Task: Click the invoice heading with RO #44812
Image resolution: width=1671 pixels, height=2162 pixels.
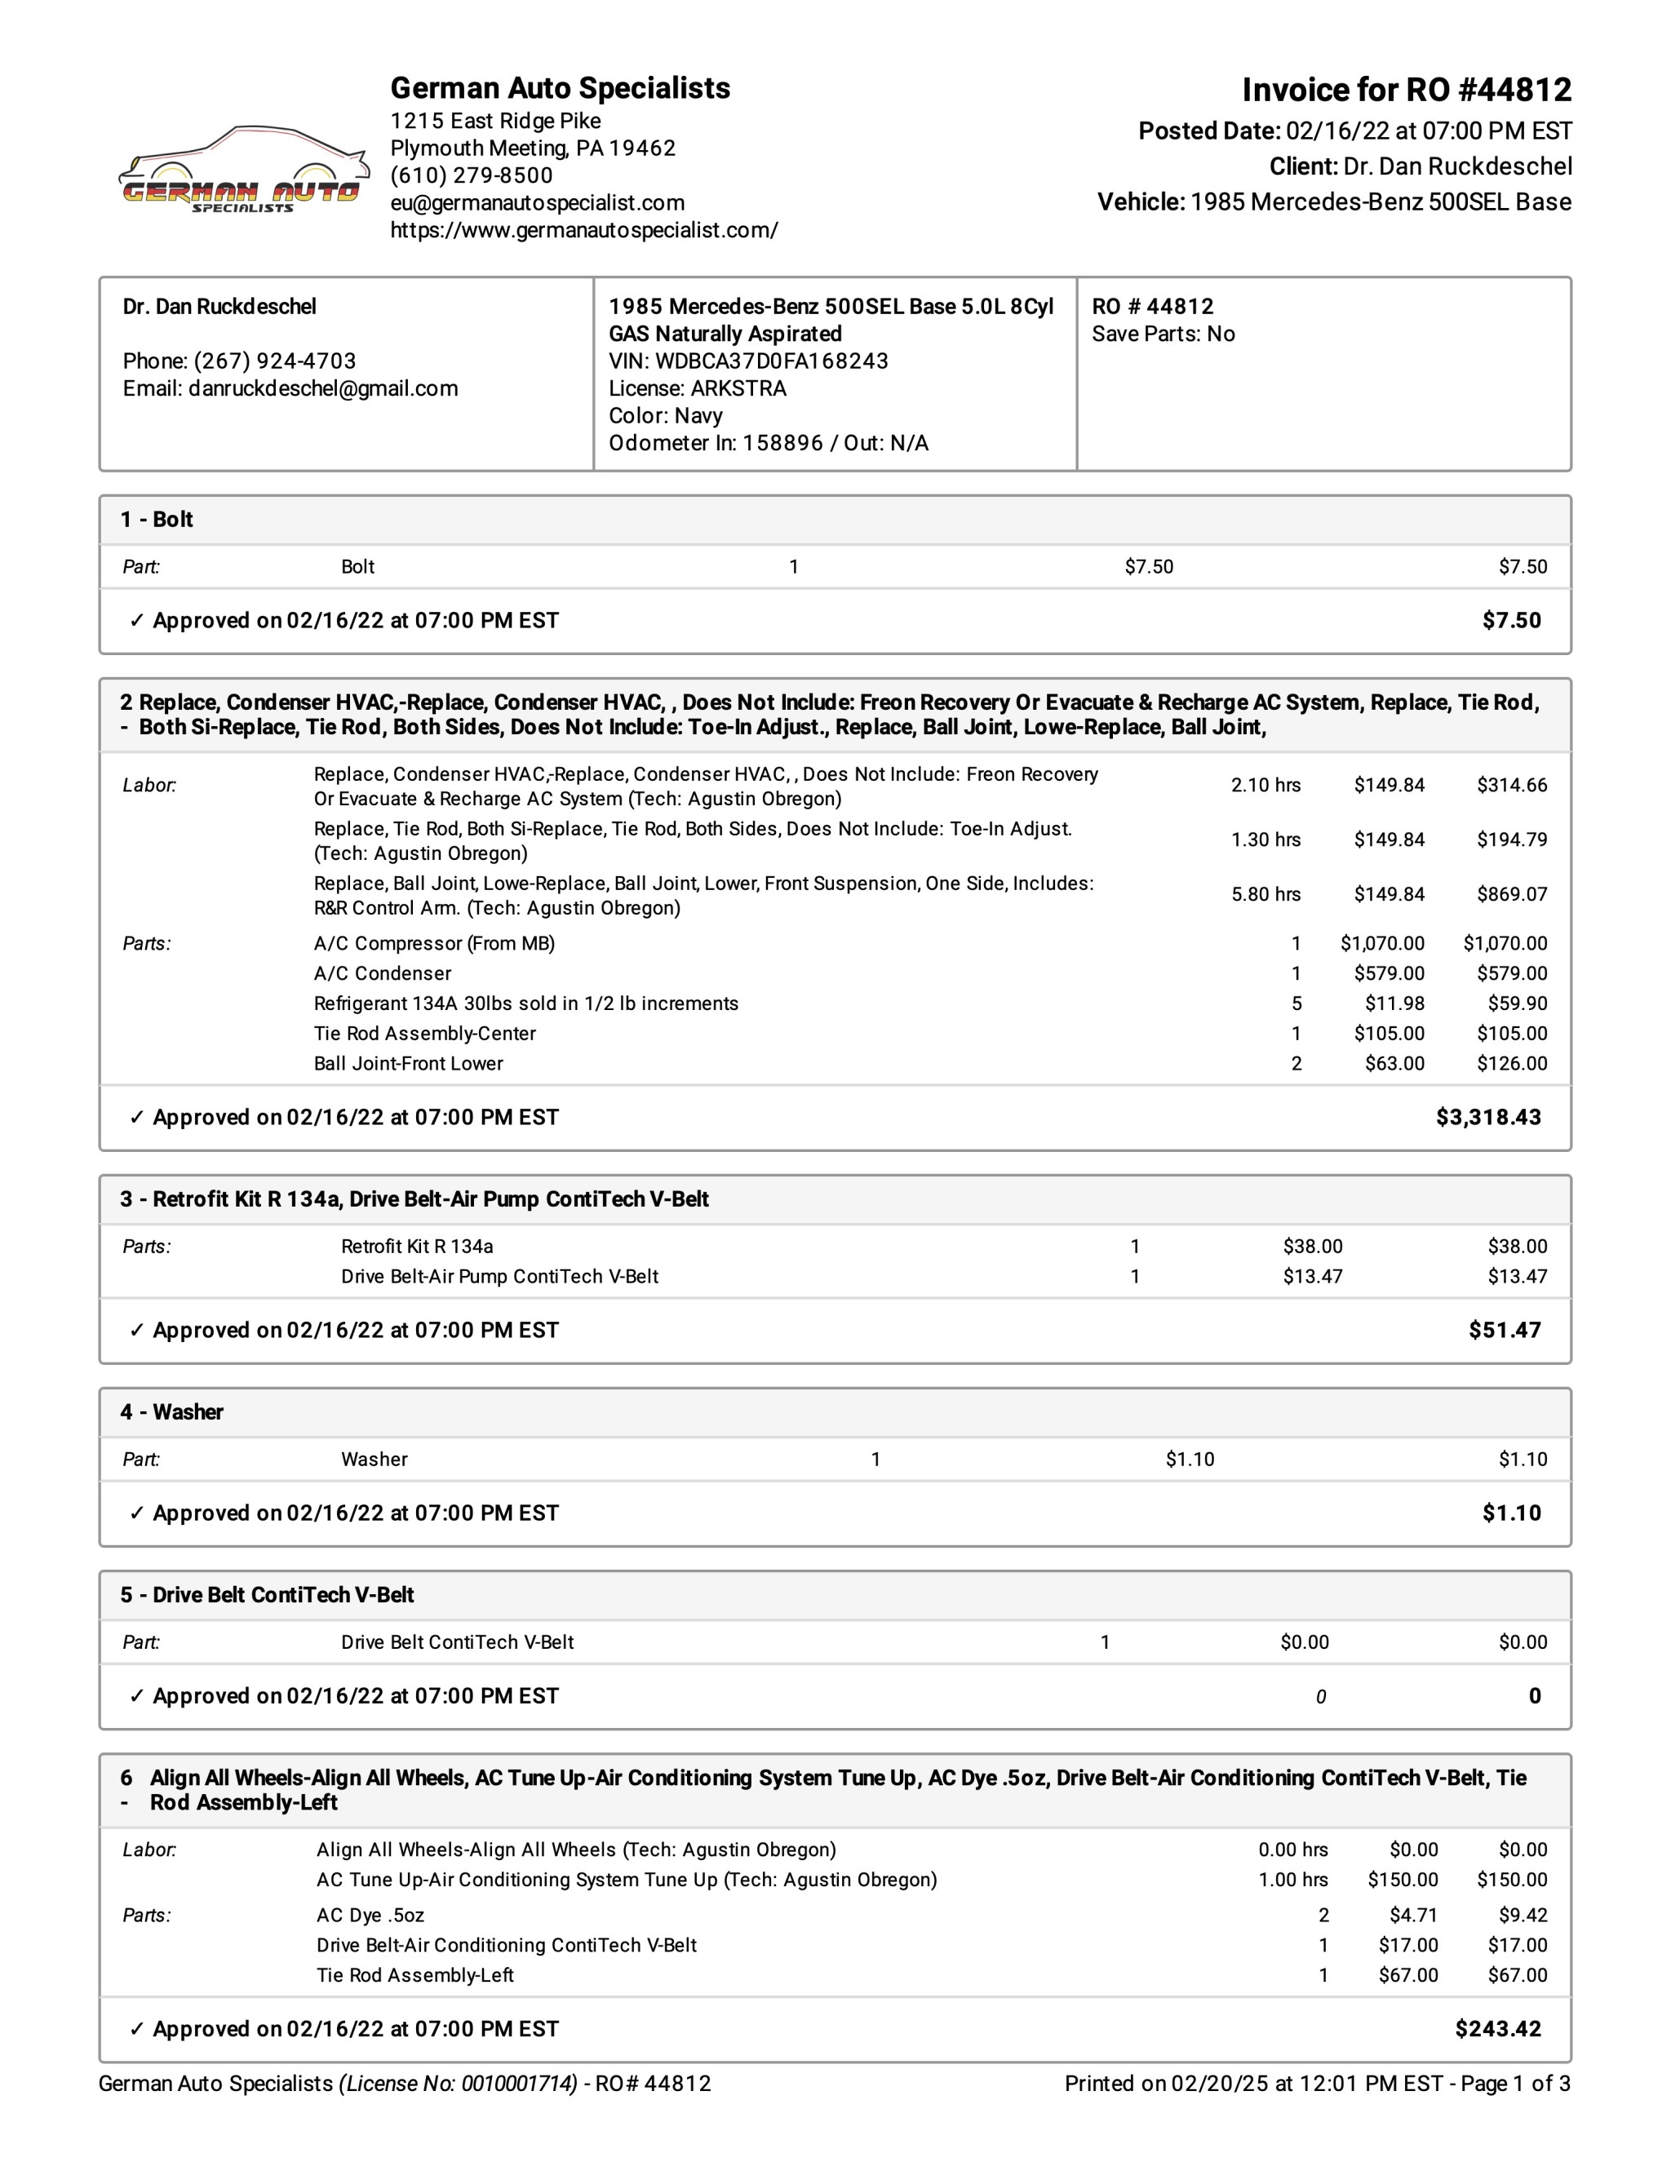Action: tap(1406, 90)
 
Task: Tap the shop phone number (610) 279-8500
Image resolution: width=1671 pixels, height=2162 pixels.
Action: tap(472, 175)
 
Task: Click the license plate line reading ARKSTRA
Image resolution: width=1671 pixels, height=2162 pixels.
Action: tap(697, 388)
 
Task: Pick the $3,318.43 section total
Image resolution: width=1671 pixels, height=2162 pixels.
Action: tap(1488, 1118)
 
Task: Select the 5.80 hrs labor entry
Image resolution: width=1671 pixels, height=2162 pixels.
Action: tap(1265, 894)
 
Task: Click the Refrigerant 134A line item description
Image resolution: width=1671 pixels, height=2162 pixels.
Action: tap(525, 1003)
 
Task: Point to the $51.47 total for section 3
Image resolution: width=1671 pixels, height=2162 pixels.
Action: tap(1505, 1331)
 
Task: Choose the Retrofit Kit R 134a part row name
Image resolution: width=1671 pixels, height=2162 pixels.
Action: tap(417, 1247)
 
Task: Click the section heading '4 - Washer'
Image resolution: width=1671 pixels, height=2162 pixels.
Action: tap(172, 1412)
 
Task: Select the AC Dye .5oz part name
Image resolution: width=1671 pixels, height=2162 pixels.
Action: tap(370, 1916)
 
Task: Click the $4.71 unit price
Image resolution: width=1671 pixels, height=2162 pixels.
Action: tap(1414, 1916)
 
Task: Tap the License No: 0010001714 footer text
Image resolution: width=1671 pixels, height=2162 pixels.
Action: tap(458, 2084)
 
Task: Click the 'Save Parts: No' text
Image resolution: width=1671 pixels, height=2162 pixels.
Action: tap(1163, 334)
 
